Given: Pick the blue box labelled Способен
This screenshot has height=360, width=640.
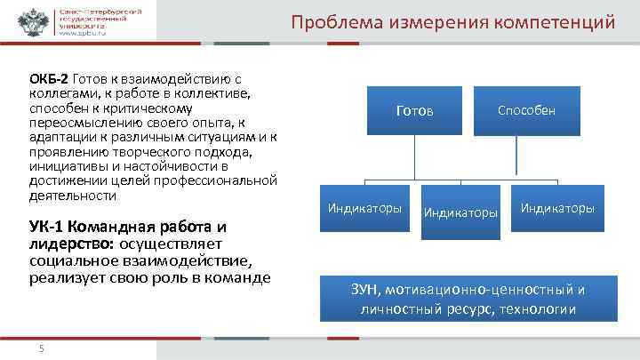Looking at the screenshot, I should coord(526,110).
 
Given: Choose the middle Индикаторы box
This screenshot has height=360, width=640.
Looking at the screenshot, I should coord(460,212).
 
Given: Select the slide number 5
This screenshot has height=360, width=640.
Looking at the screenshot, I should coord(41,347).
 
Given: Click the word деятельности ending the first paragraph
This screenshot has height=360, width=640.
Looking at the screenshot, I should coord(73,196).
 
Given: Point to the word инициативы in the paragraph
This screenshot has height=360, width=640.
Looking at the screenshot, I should coord(61,165).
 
